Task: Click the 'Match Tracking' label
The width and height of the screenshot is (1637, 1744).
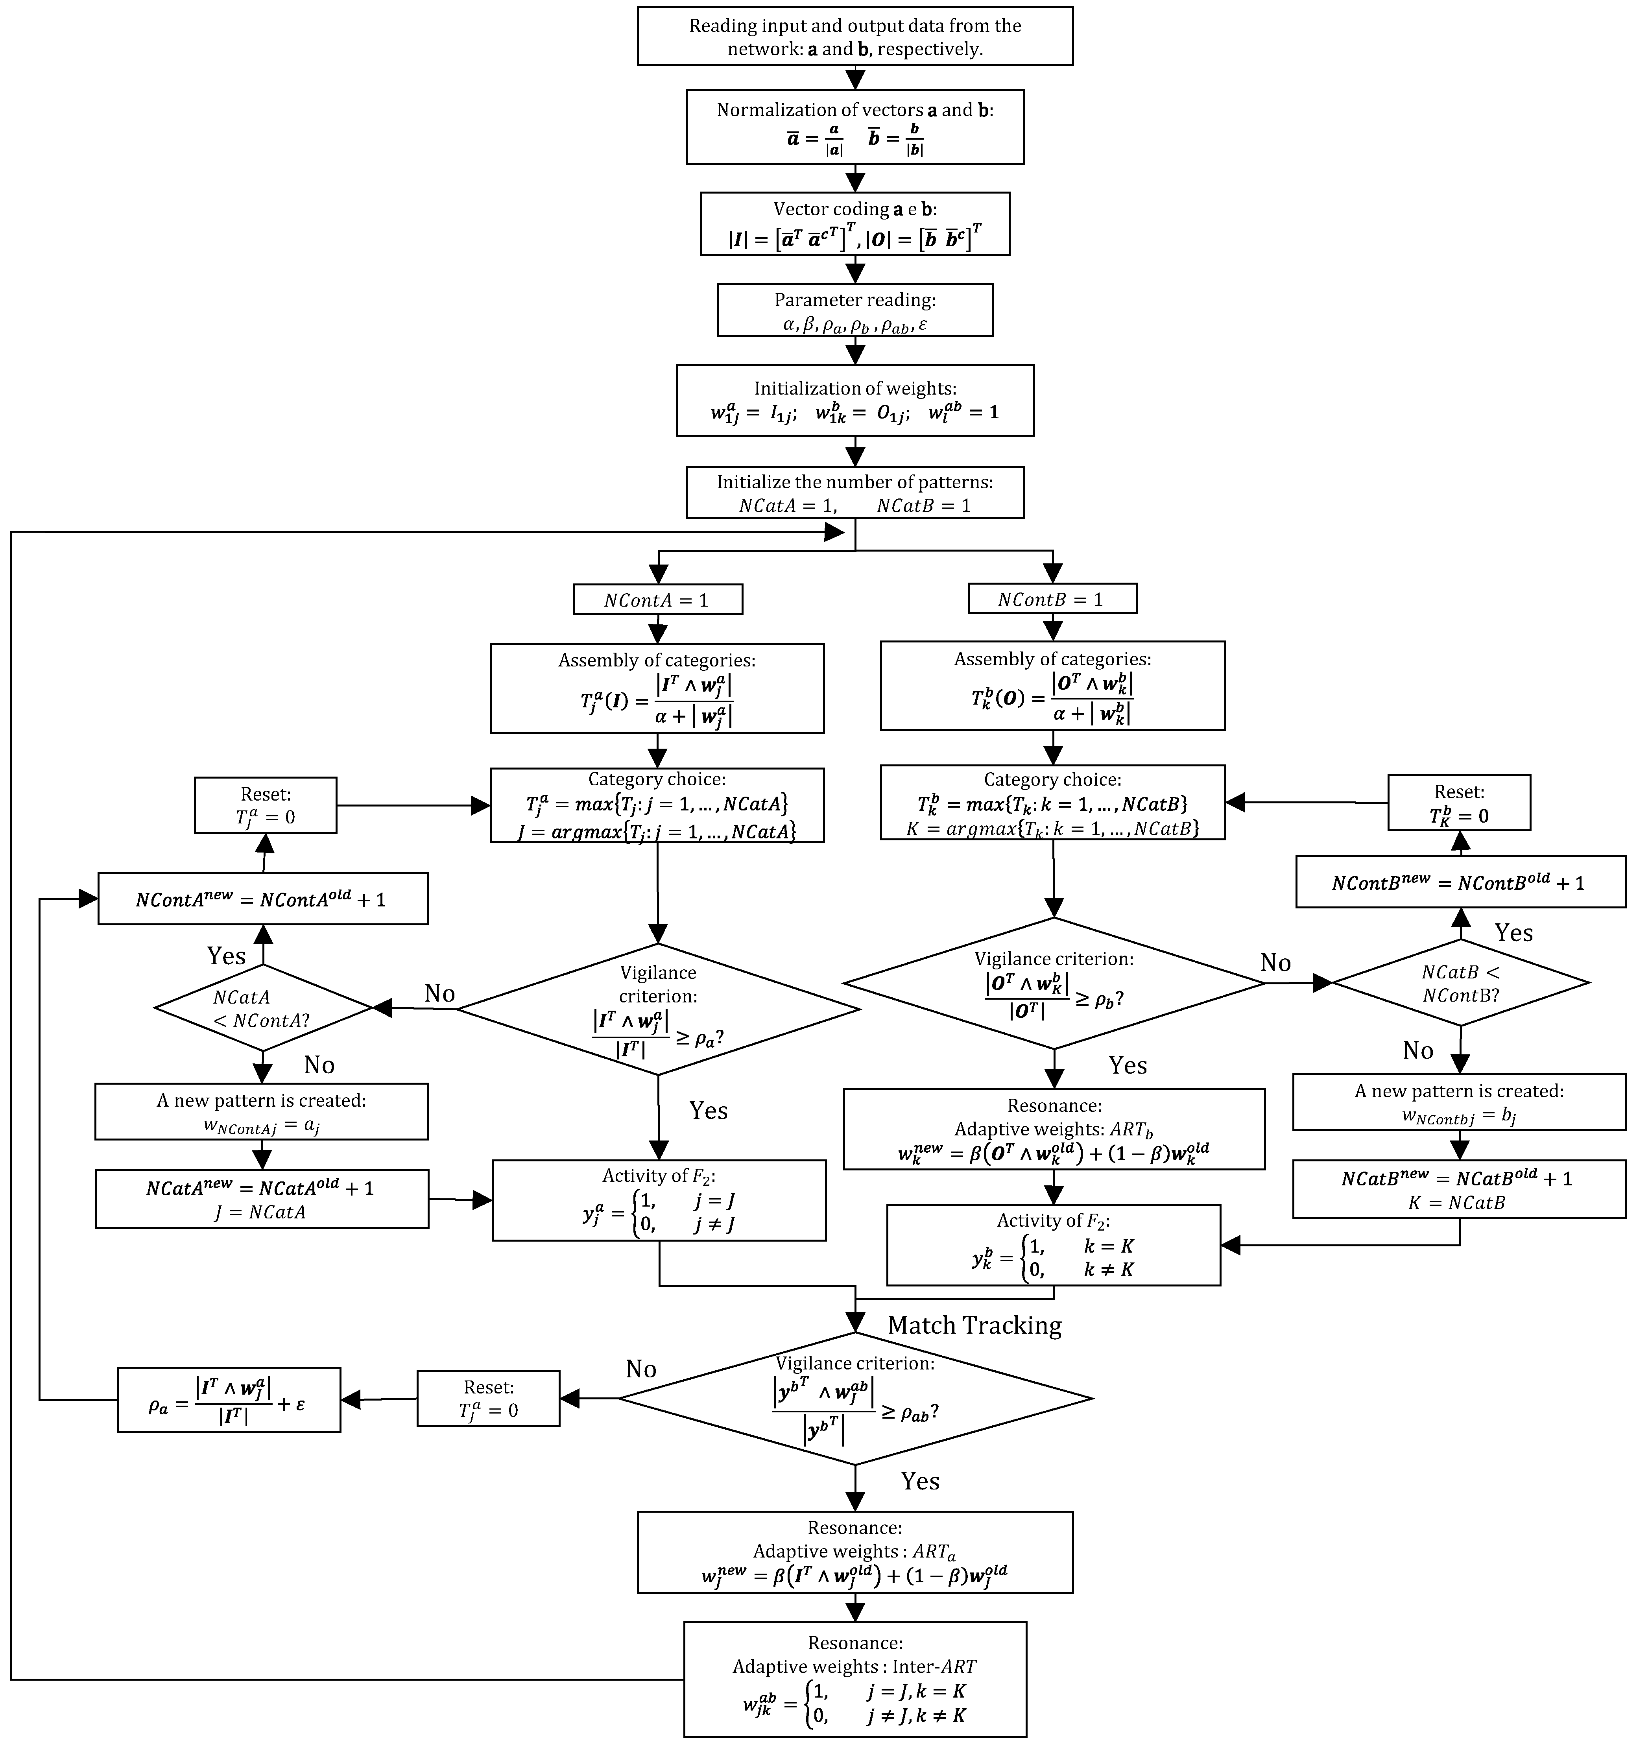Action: pyautogui.click(x=974, y=1325)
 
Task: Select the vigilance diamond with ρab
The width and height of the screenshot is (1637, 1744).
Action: pyautogui.click(x=855, y=1398)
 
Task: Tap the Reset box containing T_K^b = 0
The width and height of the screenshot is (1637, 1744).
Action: pyautogui.click(x=1459, y=803)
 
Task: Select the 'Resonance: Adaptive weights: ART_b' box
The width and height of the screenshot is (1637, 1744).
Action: pyautogui.click(x=1054, y=1129)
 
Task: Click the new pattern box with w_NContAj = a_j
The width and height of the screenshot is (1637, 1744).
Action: pyautogui.click(x=262, y=1111)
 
